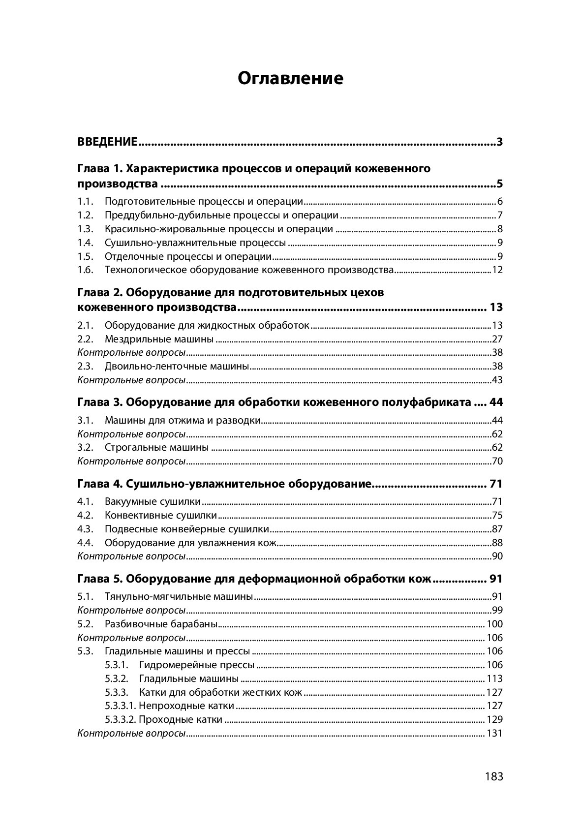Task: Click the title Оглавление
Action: click(x=290, y=78)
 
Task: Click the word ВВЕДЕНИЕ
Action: click(x=107, y=143)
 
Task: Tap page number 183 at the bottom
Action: click(x=493, y=776)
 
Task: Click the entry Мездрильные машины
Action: click(x=159, y=339)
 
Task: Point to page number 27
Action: click(x=497, y=339)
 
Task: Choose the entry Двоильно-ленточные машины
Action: click(x=177, y=367)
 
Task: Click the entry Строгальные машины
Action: click(x=156, y=448)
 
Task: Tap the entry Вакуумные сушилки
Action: click(x=153, y=502)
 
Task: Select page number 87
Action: click(x=497, y=529)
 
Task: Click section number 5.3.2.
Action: click(x=117, y=679)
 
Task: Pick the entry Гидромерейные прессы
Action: click(x=197, y=665)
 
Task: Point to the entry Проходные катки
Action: click(x=180, y=720)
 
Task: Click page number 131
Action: click(x=494, y=734)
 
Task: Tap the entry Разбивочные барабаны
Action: click(x=161, y=624)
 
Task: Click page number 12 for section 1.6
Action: click(x=497, y=270)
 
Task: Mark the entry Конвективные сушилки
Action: click(x=160, y=516)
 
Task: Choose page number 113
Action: click(x=494, y=679)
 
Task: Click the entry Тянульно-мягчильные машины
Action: click(x=179, y=597)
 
